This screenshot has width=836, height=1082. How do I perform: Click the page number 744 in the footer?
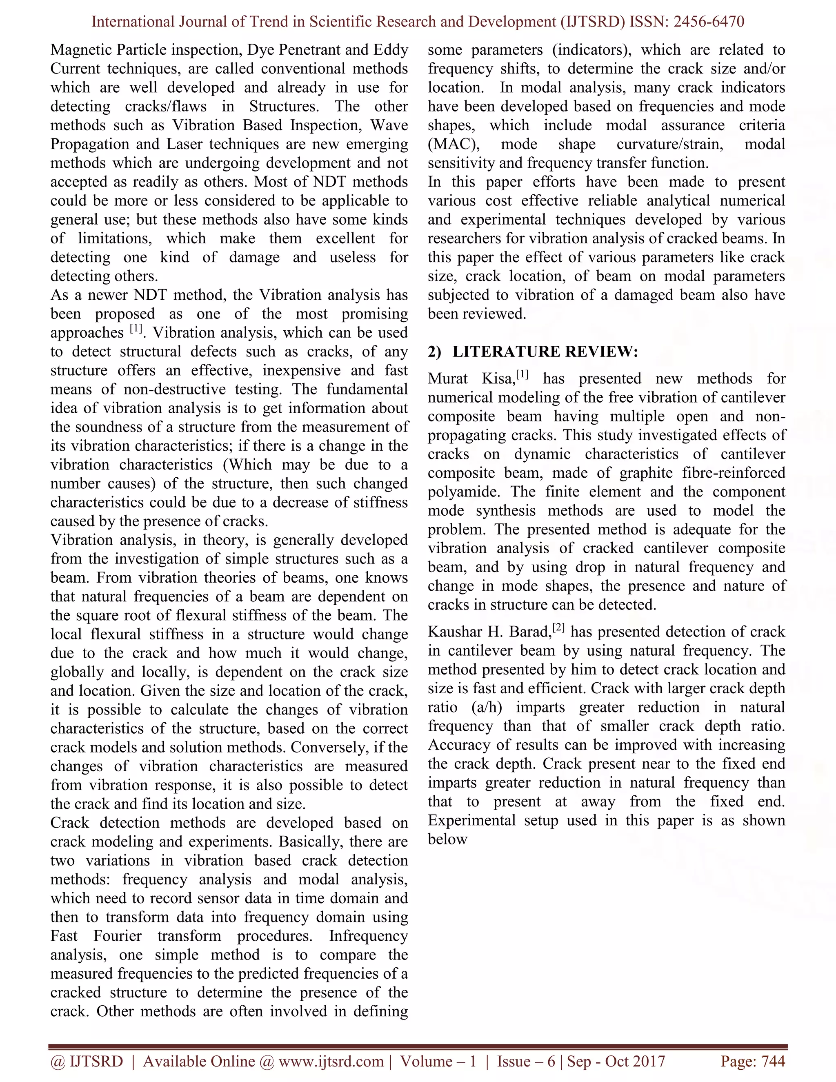click(x=773, y=1061)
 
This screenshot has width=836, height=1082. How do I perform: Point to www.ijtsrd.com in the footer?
click(x=331, y=1061)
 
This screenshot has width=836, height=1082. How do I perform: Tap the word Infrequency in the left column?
click(x=369, y=936)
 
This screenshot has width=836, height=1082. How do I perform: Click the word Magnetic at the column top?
click(x=81, y=50)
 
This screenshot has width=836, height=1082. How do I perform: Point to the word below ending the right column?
click(x=448, y=839)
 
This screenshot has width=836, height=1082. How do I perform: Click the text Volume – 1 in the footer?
click(x=438, y=1061)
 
